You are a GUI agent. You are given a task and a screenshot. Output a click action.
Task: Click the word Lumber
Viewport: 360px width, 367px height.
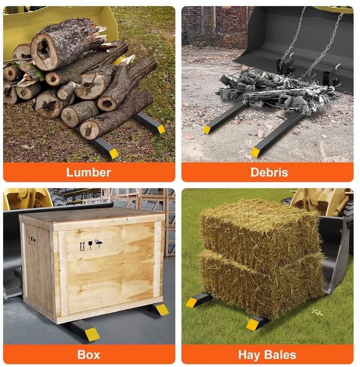click(x=88, y=172)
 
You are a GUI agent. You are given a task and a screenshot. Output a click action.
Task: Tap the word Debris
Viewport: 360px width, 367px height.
click(x=269, y=172)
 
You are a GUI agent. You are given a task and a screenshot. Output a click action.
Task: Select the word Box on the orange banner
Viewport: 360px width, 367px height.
click(x=89, y=355)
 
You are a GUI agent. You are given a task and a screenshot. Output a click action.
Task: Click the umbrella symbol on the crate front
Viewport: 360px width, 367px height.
click(x=99, y=244)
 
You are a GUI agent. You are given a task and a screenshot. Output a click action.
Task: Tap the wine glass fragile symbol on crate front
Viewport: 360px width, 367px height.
click(x=90, y=245)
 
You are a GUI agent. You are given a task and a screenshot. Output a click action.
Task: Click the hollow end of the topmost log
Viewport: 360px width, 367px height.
click(x=44, y=50)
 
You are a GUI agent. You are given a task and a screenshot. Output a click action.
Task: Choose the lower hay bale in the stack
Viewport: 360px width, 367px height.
click(x=261, y=283)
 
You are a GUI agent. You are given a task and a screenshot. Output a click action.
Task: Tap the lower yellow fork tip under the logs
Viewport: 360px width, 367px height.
click(x=113, y=153)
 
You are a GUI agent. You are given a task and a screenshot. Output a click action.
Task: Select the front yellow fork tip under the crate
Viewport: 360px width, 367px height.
click(x=92, y=334)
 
